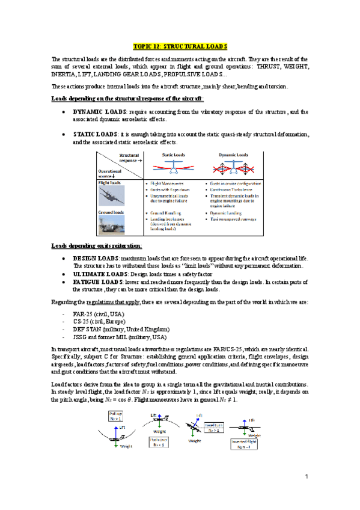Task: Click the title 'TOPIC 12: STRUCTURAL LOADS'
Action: (x=180, y=46)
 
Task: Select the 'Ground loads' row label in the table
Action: (x=111, y=212)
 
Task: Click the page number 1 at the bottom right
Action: (x=306, y=477)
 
